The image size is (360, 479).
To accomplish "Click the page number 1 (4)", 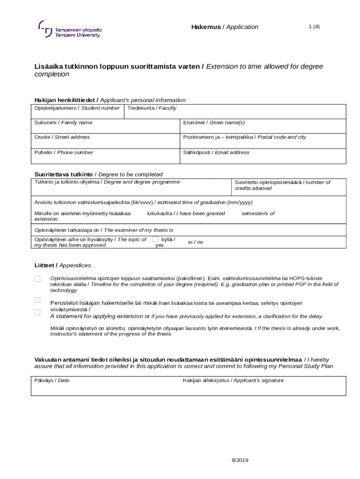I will point(314,27).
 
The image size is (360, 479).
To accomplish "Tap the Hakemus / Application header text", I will point(224,27).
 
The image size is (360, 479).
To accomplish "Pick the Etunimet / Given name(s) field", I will point(263,126).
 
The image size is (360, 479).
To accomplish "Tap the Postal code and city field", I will point(263,141).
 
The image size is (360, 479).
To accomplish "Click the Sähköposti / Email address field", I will point(263,156).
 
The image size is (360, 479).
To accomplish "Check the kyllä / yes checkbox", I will point(155,239).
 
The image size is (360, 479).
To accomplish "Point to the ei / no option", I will point(195,242).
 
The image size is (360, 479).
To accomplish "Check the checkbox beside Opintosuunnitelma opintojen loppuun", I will point(37,279).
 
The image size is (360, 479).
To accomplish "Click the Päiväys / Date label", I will point(52,380).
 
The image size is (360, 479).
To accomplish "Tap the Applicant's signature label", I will point(233,380).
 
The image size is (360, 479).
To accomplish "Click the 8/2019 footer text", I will point(240,460).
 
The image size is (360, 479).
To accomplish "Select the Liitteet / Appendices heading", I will point(63,265).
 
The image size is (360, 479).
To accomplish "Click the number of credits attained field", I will point(288,187).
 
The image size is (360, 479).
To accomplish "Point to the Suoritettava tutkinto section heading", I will point(99,174).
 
